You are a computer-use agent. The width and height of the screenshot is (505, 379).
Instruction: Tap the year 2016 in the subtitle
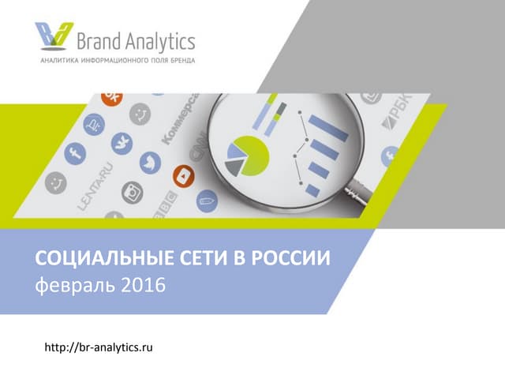coord(143,283)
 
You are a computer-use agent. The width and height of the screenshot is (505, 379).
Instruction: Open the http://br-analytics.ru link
coord(98,347)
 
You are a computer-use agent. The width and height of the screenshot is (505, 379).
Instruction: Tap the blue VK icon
coord(121,142)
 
